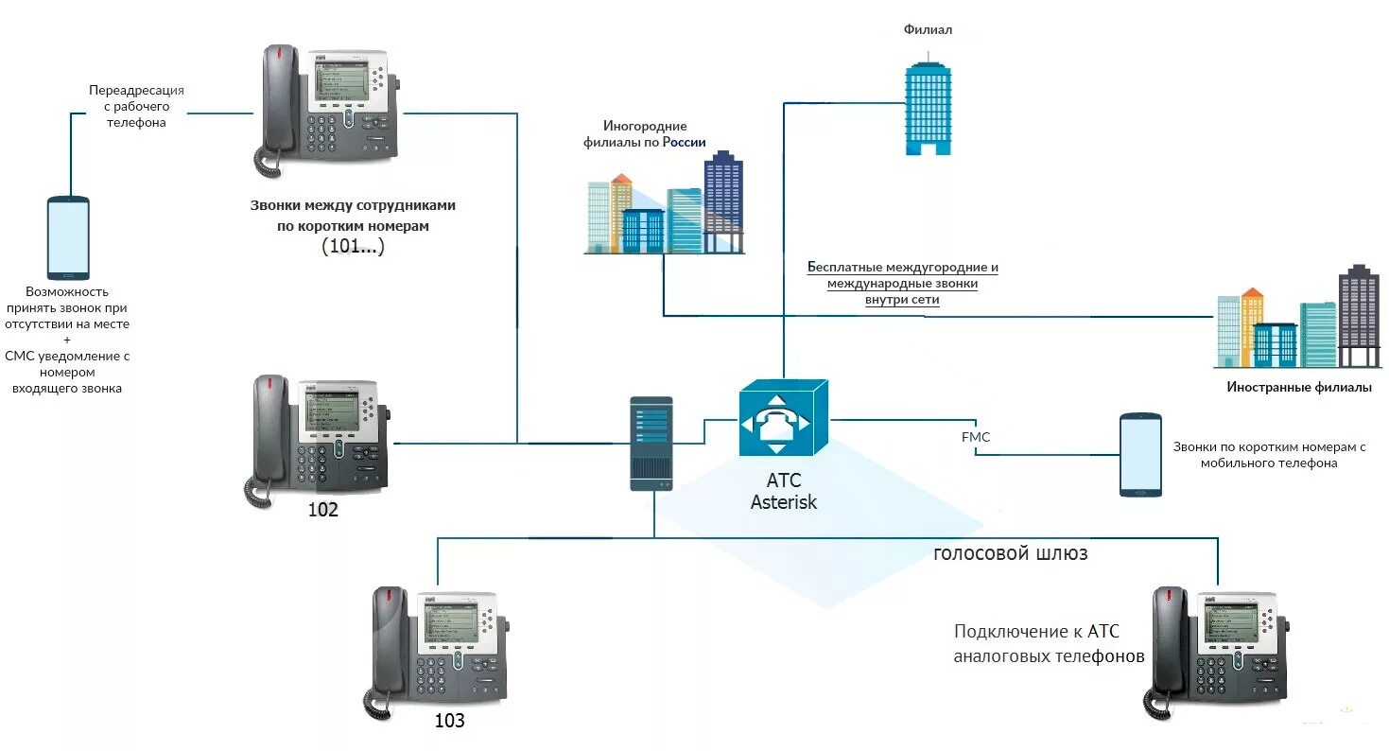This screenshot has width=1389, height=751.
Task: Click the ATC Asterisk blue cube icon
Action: coord(783,418)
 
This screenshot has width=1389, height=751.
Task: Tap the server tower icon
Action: coord(651,444)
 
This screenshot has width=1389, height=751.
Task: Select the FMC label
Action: coord(976,437)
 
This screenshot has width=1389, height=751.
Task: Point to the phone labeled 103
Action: coord(437,651)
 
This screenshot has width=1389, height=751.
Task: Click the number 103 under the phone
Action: coord(449,721)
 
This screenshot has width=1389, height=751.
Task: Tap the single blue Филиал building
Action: coord(928,104)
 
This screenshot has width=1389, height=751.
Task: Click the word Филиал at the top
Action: coord(928,29)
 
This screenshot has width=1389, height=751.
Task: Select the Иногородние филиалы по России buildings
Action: coord(664,203)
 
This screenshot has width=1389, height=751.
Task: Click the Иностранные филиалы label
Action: coord(1299,388)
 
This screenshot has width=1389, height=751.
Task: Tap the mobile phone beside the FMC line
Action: coord(1140,455)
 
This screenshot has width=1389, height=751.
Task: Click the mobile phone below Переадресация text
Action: coord(68,238)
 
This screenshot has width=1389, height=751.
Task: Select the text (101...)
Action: coord(353,246)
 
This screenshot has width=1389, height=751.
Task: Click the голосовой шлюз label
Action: coord(1010,553)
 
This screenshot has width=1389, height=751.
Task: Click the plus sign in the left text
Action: coord(67,340)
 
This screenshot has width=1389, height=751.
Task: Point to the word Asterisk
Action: coord(783,501)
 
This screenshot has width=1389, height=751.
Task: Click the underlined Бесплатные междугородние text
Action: coord(902,268)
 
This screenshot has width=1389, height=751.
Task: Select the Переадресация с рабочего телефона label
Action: coord(136,106)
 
